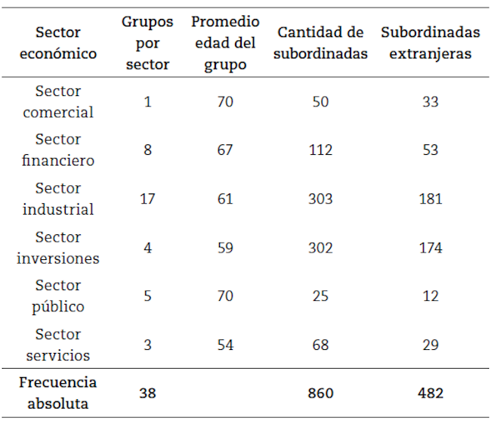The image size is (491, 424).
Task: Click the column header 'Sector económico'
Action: (58, 43)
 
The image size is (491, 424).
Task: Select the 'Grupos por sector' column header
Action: (147, 43)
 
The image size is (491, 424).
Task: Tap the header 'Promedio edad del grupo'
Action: (225, 43)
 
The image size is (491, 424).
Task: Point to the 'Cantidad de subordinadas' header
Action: (320, 43)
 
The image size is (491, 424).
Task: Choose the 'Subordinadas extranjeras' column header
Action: (431, 43)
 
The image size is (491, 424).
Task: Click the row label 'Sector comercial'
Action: (58, 101)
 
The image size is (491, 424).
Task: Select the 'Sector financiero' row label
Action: (58, 150)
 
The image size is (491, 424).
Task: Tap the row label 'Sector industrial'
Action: (58, 199)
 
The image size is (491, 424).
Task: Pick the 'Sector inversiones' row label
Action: (58, 247)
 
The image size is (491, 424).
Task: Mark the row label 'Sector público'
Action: (58, 296)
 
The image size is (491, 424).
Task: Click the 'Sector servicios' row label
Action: (58, 345)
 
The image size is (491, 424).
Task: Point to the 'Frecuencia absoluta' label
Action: (58, 393)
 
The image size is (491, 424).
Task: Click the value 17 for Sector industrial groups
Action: (147, 199)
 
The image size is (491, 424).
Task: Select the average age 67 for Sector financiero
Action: (225, 150)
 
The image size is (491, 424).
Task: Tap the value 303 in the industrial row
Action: (320, 199)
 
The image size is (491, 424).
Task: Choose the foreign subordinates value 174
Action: (431, 247)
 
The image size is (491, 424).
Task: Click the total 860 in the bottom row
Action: (320, 393)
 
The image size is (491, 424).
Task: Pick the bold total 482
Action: (431, 393)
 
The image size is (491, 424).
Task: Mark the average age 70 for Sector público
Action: (225, 296)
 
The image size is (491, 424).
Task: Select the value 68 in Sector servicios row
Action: (320, 345)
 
